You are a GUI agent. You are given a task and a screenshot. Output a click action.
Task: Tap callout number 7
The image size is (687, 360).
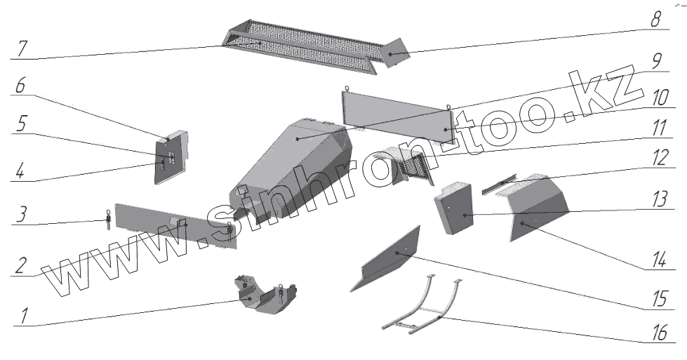click(23, 50)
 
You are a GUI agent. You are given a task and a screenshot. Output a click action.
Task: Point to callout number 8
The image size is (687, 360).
click(655, 19)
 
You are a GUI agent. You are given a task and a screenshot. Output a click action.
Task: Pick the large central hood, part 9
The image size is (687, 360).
click(295, 161)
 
